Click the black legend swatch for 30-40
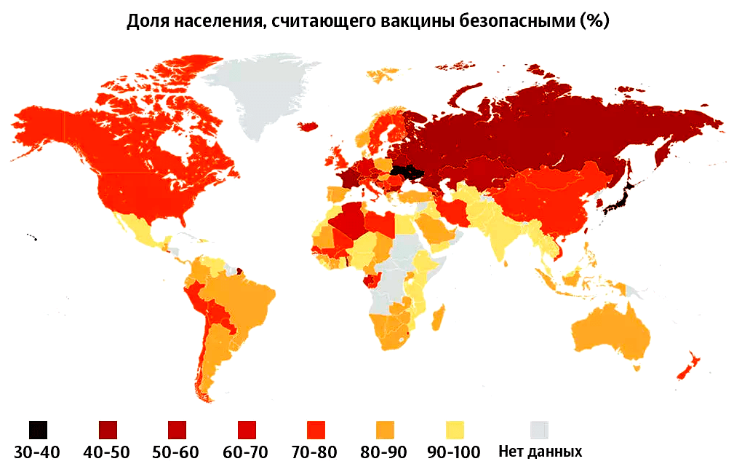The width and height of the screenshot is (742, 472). point(39,429)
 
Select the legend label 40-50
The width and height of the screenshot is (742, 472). point(106,452)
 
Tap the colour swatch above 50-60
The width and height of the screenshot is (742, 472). point(177,429)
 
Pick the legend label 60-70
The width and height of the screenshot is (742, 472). point(245,452)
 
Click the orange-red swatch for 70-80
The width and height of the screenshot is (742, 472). point(316,429)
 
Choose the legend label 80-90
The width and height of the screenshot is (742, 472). point(385,452)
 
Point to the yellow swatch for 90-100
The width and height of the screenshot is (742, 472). point(454,429)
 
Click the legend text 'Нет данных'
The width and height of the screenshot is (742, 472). point(540,452)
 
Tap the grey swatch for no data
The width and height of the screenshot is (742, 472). point(539,429)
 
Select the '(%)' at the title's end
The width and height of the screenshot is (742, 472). point(594,21)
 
